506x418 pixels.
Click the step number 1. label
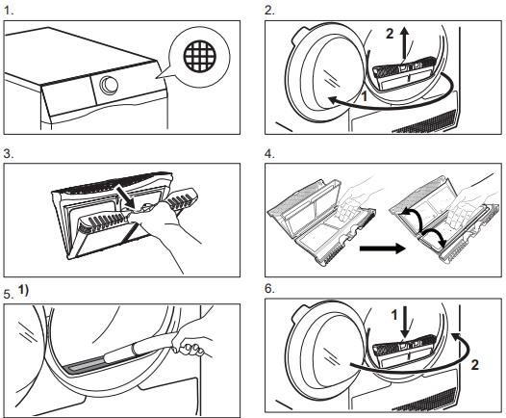pos(9,11)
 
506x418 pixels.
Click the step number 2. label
pos(269,11)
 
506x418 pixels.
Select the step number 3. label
pos(9,154)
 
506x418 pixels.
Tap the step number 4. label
pos(269,154)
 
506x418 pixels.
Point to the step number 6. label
pos(269,289)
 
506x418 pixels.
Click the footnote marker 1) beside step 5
pos(23,290)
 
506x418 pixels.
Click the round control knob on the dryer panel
pos(109,85)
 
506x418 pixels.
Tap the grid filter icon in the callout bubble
pos(199,56)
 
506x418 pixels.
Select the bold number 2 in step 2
pos(390,34)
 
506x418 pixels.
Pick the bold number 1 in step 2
pos(365,96)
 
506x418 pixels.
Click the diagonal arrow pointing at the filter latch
pos(127,197)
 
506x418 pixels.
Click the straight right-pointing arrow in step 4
pos(383,248)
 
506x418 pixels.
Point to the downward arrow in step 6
pos(405,321)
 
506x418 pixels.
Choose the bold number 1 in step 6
pos(394,315)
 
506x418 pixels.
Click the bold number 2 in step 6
pos(474,365)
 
